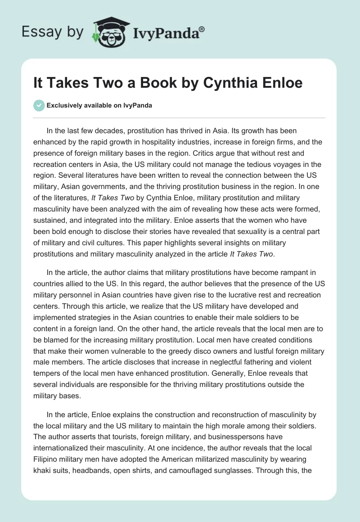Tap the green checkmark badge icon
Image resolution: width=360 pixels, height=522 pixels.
[x=39, y=105]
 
